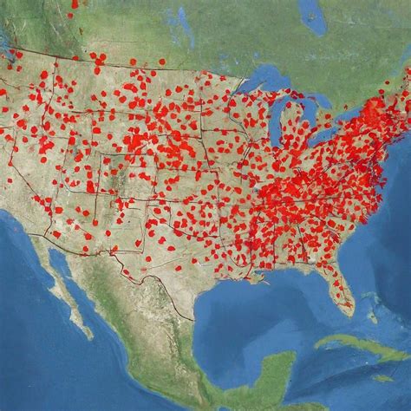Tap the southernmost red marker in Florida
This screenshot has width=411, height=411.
click(348, 305)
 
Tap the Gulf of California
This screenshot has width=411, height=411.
click(74, 286)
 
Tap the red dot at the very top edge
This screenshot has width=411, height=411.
click(75, 3)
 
